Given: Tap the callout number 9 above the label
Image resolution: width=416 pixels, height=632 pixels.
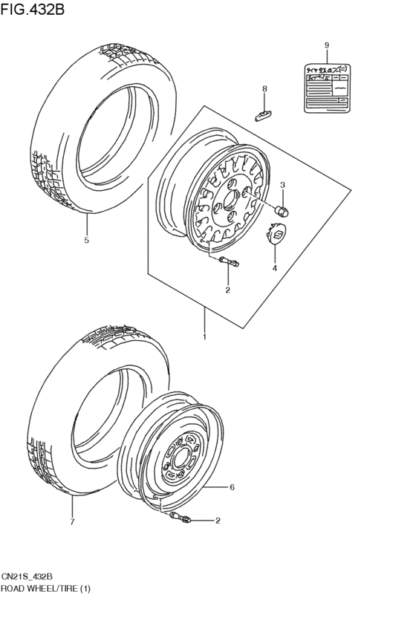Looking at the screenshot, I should point(326,46).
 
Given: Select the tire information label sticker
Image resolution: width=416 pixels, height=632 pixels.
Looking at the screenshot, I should point(327,88).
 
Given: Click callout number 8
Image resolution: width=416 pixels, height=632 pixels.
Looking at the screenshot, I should point(264,90).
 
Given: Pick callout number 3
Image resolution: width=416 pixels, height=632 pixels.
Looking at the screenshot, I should point(283,185).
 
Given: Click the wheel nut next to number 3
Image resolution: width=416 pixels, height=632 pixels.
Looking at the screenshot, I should point(282,211).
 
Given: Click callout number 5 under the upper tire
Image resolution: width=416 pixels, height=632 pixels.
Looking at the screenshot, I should point(86,241).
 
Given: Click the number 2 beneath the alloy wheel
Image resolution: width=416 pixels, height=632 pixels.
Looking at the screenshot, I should point(228,289).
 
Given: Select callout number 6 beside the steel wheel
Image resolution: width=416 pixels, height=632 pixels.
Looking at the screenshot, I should point(232,487).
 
